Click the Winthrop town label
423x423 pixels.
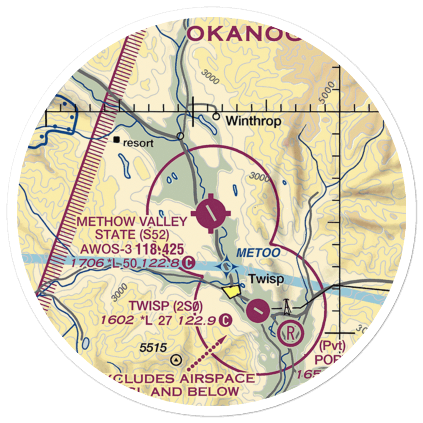click(253, 121)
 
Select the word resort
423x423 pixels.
click(138, 143)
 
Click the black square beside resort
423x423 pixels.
click(117, 139)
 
